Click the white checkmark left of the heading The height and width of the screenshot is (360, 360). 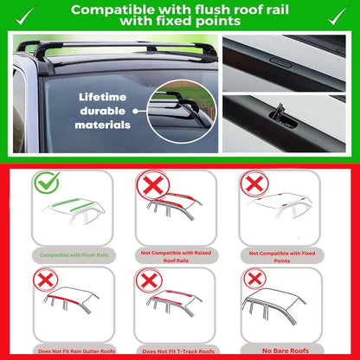pos(20,14)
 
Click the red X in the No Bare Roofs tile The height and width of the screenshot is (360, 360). pos(254,279)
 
